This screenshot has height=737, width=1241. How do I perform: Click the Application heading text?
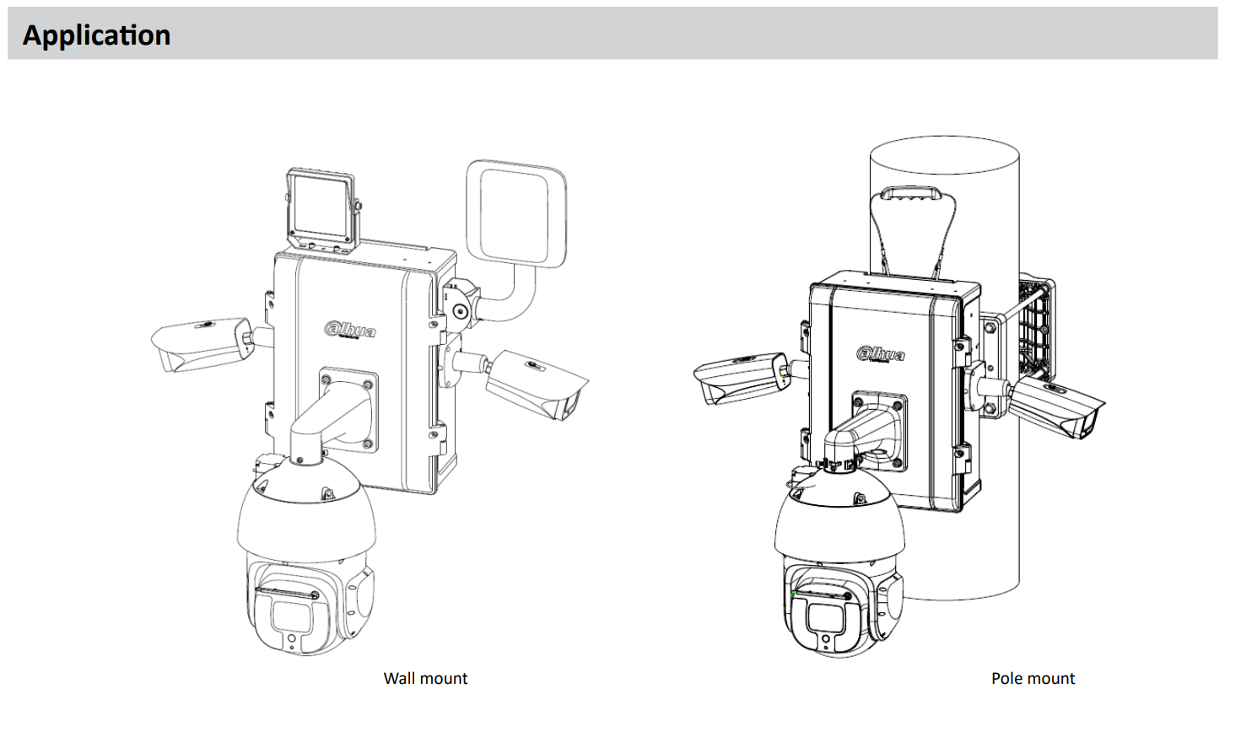point(96,35)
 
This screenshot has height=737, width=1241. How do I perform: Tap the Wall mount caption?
point(425,678)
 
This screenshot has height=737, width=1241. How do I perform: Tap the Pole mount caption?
point(1033,678)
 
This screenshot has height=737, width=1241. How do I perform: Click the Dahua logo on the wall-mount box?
point(350,330)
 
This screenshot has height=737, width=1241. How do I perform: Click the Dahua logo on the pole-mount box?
point(881,353)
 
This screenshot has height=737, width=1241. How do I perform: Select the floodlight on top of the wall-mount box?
point(321,209)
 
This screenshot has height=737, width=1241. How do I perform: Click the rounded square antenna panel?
point(515,212)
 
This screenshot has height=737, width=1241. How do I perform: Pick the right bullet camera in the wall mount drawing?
point(537,384)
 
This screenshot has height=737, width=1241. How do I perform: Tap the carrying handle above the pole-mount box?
point(910,194)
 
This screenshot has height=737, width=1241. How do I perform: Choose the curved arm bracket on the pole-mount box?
point(861,433)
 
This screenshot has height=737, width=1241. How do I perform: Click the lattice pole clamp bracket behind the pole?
point(1036,329)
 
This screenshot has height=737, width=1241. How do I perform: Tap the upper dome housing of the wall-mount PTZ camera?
point(305,514)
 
